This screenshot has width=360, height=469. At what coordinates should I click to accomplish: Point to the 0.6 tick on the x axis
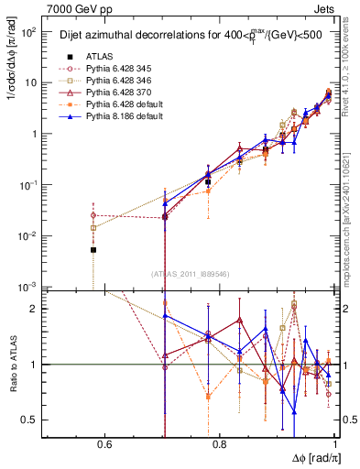point(106,445)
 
